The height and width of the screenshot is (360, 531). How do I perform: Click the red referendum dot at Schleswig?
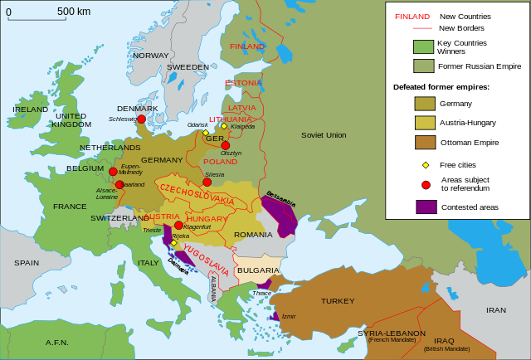(141, 119)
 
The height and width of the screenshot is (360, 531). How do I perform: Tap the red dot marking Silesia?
(207, 182)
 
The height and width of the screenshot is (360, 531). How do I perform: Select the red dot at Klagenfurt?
(178, 225)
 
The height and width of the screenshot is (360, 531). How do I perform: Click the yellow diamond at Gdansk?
(206, 133)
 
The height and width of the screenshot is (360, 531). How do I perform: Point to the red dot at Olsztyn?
(225, 145)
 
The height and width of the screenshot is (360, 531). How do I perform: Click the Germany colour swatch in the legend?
(425, 104)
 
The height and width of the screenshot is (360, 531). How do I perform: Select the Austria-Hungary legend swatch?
(425, 123)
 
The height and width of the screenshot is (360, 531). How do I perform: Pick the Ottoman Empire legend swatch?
(425, 142)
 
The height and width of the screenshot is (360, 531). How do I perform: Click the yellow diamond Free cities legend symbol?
(426, 165)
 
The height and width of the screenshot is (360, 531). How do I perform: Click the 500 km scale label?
(74, 11)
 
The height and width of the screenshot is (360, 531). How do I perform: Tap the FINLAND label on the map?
(247, 46)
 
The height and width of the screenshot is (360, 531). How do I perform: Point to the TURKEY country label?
(338, 301)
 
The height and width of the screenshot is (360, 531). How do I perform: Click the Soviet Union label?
(324, 134)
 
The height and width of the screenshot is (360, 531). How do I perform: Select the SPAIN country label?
(27, 262)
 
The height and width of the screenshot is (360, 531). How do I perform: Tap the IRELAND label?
(31, 109)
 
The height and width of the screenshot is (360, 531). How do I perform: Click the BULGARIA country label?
(257, 270)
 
